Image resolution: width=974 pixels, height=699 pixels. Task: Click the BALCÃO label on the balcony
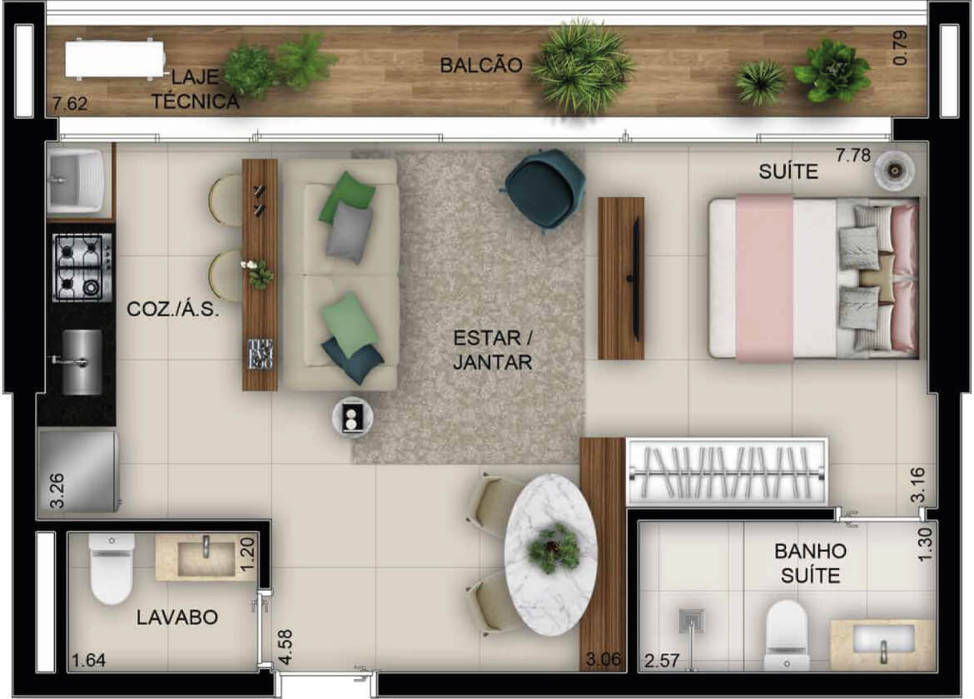481,65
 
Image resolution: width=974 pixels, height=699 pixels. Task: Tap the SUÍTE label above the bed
788,171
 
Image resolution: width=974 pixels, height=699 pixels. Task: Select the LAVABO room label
177,617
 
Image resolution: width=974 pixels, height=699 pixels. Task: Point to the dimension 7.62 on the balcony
70,103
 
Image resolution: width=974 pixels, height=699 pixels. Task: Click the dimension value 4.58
285,647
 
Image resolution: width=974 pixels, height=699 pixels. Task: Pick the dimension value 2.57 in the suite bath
662,661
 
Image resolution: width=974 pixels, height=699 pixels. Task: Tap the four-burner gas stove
82,267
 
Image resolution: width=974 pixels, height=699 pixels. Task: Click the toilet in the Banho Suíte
787,634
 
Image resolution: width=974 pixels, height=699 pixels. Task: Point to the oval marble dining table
550,555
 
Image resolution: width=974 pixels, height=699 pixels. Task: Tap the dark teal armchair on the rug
544,189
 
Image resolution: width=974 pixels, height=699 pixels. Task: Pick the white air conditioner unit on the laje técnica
115,59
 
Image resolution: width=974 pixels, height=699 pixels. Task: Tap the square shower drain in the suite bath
691,620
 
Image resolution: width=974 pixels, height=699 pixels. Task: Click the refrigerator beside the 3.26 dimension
78,471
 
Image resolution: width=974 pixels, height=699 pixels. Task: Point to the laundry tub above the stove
76,180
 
